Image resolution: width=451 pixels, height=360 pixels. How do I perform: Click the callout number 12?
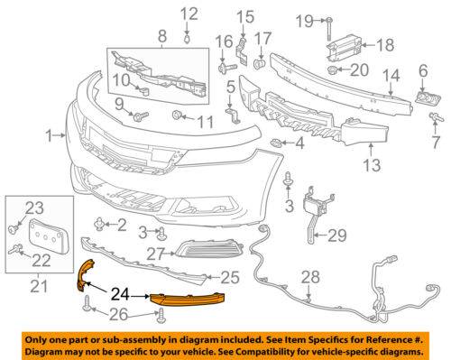coord(189,14)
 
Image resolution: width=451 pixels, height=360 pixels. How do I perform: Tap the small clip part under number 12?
coord(187,39)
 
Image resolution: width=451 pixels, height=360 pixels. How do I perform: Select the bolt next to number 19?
coord(329,29)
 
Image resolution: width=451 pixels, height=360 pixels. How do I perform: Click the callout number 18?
coord(385,45)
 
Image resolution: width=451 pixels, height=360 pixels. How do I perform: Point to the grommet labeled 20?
coord(331,69)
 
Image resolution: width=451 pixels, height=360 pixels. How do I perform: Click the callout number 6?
coord(423,71)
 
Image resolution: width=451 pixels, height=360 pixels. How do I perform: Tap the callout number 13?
coord(373,165)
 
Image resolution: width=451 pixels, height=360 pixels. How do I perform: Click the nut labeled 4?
coord(276,143)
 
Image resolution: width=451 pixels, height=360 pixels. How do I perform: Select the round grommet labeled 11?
coord(176,115)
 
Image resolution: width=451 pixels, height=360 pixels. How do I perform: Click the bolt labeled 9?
coord(141,116)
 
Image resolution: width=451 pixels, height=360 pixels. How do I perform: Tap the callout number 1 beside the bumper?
coord(50,135)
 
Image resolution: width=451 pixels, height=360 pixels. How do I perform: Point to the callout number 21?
coord(39,286)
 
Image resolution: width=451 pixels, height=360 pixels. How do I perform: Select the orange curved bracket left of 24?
coord(86,275)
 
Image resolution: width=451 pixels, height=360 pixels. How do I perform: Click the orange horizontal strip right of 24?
coord(187,300)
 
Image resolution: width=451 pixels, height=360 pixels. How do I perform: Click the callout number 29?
coord(337,235)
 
